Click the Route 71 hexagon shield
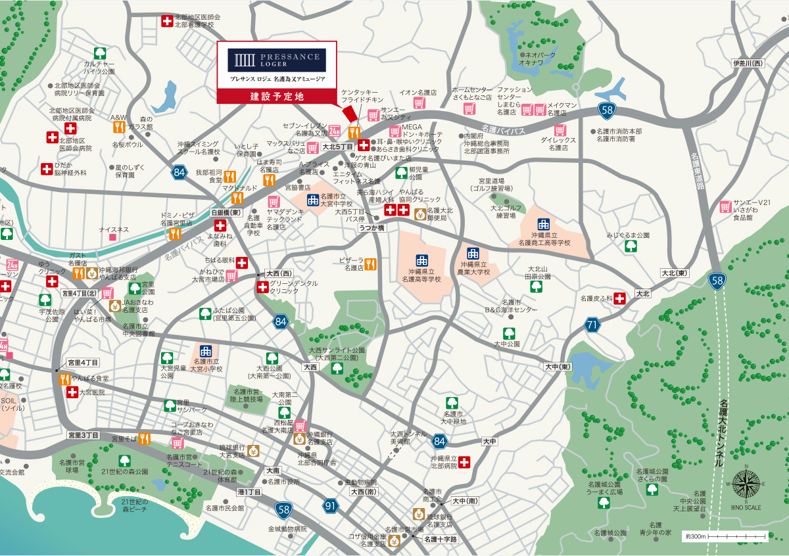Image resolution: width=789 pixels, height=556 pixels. pos(593,324)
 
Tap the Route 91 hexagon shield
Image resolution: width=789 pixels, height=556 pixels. pos(330,505)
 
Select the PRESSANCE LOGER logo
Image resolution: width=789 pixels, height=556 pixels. pos(277,60)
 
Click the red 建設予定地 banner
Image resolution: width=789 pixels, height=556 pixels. pos(277,96)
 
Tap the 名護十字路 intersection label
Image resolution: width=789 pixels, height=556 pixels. pos(440,539)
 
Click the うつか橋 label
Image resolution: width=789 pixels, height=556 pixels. pos(371,227)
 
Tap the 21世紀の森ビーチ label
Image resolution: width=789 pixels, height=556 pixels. pos(141,507)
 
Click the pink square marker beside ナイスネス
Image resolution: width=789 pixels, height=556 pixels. pos(113,237)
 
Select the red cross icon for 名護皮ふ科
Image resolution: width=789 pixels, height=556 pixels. pos(619,298)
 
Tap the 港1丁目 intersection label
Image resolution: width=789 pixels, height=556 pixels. pos(250,492)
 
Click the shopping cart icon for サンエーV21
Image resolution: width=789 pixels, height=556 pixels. pos(725,206)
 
